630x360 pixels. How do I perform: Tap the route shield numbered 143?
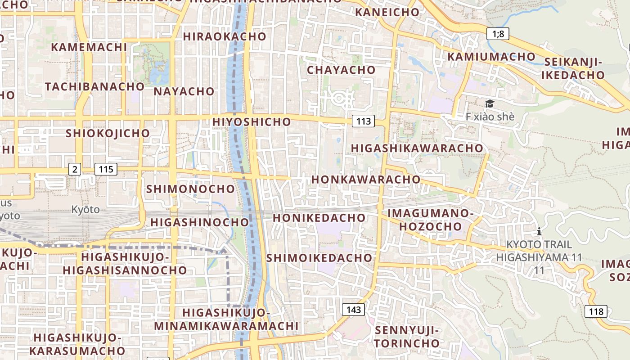(353, 310)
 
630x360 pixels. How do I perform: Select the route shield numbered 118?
(596, 311)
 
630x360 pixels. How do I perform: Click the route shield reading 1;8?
(498, 33)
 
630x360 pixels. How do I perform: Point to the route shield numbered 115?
(106, 169)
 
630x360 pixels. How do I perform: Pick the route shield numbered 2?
(75, 169)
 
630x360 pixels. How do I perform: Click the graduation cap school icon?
(490, 104)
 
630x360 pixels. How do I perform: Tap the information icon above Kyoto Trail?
(539, 232)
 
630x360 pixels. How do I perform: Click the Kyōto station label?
(85, 209)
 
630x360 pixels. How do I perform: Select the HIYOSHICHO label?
(252, 121)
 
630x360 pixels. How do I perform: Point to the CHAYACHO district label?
(341, 70)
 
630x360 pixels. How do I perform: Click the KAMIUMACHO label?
(491, 57)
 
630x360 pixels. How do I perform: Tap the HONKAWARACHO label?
(365, 179)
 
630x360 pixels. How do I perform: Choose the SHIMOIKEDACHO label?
(319, 258)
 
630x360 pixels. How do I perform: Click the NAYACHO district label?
(184, 91)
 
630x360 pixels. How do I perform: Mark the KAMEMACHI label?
(89, 47)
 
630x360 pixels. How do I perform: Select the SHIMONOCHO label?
(190, 189)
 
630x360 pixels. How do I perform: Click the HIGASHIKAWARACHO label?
(417, 148)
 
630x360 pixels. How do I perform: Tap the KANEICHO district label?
(387, 12)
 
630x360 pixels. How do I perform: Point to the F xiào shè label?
(490, 117)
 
